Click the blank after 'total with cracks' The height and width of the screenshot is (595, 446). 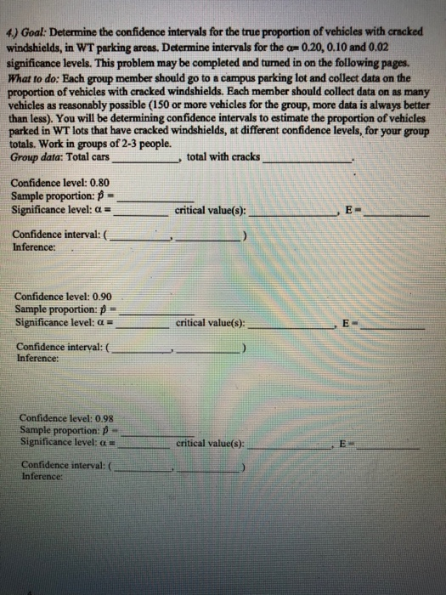pyautogui.click(x=306, y=160)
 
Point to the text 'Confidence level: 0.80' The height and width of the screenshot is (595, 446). pyautogui.click(x=60, y=182)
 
